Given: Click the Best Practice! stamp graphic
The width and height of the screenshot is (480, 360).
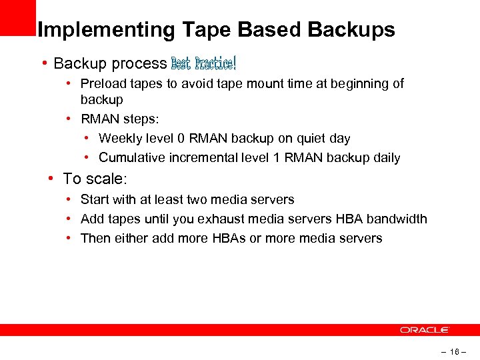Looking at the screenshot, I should pos(203,63).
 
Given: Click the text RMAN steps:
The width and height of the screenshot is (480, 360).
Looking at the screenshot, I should pos(120,119).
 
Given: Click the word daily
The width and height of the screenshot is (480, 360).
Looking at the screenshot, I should pos(384,158).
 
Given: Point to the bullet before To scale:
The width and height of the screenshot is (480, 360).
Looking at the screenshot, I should pos(51,179).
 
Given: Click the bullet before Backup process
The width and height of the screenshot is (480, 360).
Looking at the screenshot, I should pos(43,63).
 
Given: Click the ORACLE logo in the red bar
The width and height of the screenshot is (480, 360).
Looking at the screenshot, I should pos(425,330).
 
